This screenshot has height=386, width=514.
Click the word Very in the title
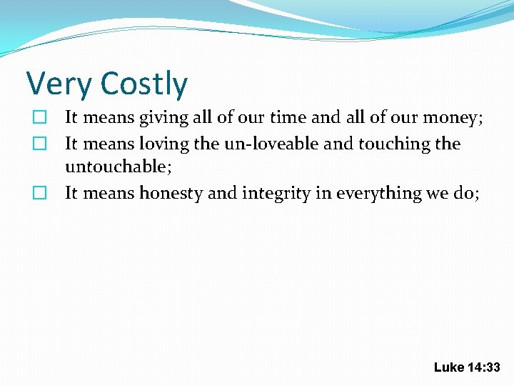point(59,84)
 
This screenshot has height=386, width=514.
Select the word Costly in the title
point(143,84)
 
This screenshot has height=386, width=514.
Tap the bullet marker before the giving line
point(40,117)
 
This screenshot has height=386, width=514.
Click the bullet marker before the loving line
point(40,144)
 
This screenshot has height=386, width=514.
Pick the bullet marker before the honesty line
point(40,193)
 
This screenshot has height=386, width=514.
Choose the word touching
point(393,144)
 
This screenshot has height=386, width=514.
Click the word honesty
point(171,193)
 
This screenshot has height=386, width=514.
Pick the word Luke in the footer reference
point(448,367)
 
